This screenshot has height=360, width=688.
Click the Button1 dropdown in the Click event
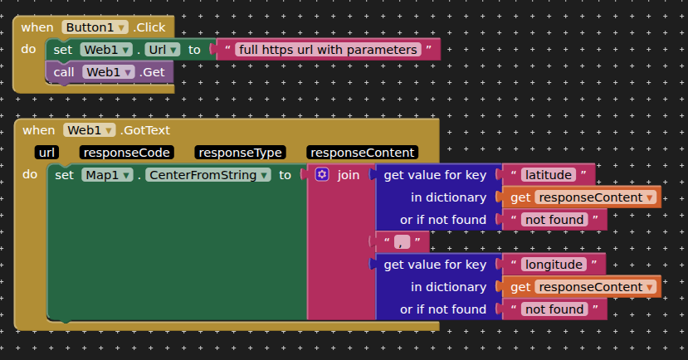(95, 27)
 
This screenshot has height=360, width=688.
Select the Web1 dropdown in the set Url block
(108, 50)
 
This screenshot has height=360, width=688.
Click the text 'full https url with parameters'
(328, 50)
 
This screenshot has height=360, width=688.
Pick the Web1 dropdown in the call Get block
(109, 72)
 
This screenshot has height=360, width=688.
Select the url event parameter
(47, 153)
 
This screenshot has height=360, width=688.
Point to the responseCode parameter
(127, 153)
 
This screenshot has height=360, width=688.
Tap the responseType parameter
(240, 153)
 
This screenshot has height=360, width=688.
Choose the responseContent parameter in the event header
(362, 153)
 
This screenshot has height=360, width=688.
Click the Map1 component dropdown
(108, 175)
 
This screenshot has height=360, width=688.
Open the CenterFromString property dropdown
(208, 175)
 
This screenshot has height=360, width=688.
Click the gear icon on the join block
(322, 175)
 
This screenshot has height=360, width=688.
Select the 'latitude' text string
(549, 175)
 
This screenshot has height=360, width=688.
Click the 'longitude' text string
(554, 265)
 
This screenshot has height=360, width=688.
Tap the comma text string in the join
(403, 242)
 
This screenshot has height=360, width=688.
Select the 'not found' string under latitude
(554, 220)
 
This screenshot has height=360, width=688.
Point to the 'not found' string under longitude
(554, 309)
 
